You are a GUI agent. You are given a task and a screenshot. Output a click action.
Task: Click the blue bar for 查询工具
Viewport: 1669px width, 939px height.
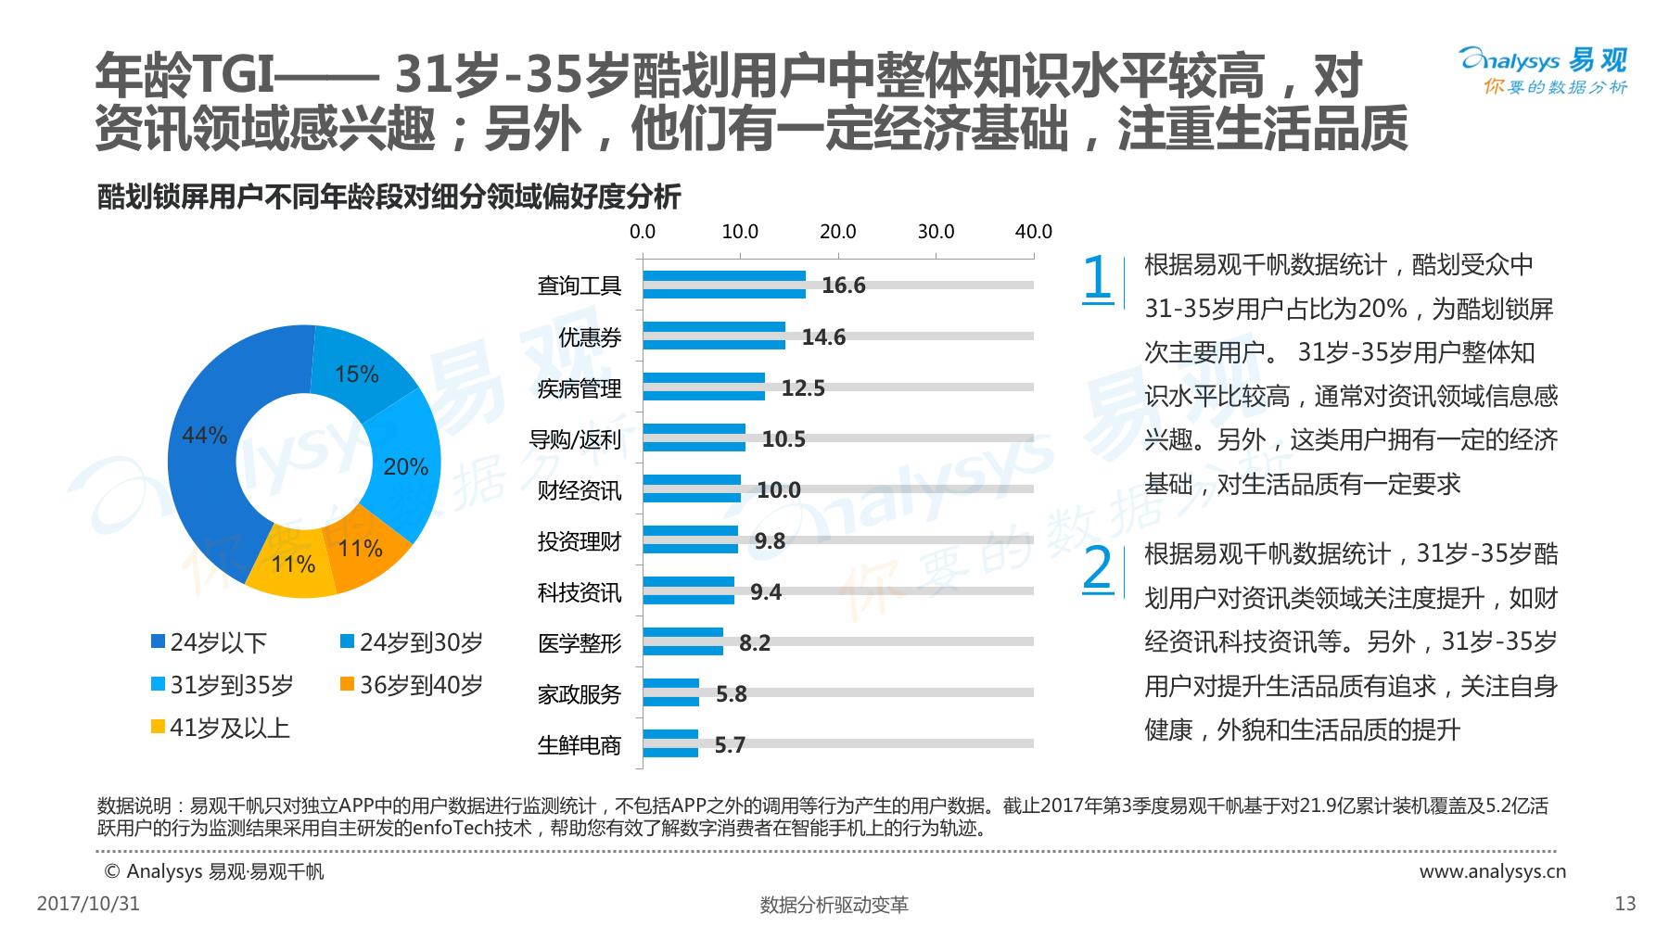pyautogui.click(x=723, y=285)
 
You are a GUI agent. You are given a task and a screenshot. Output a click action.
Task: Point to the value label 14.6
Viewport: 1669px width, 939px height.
pyautogui.click(x=823, y=336)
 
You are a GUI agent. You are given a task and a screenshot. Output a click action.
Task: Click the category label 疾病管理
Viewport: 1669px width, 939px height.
pyautogui.click(x=580, y=388)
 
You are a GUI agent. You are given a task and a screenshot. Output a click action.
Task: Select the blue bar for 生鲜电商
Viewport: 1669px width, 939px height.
pyautogui.click(x=670, y=743)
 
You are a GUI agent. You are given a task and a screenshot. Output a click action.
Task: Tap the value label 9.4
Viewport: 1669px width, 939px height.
pyautogui.click(x=766, y=591)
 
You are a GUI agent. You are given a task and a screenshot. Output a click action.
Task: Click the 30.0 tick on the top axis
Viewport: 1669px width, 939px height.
pyautogui.click(x=936, y=232)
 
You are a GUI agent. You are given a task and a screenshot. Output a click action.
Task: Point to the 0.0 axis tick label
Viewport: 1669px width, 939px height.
pyautogui.click(x=643, y=232)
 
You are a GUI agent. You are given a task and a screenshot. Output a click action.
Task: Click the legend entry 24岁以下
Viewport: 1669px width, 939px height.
pyautogui.click(x=210, y=642)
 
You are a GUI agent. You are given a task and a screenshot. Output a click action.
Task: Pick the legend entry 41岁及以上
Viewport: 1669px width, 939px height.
pyautogui.click(x=220, y=728)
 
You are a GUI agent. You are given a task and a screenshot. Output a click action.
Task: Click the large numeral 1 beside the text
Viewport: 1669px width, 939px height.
pyautogui.click(x=1097, y=277)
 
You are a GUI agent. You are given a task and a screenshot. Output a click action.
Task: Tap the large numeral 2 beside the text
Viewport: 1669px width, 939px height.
pyautogui.click(x=1097, y=567)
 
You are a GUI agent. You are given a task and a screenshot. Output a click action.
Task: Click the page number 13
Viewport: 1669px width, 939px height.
pyautogui.click(x=1624, y=904)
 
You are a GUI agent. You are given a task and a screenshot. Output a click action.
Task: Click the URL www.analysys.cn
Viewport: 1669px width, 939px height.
pyautogui.click(x=1492, y=871)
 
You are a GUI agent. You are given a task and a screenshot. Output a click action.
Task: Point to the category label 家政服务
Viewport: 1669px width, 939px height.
pyautogui.click(x=580, y=694)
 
